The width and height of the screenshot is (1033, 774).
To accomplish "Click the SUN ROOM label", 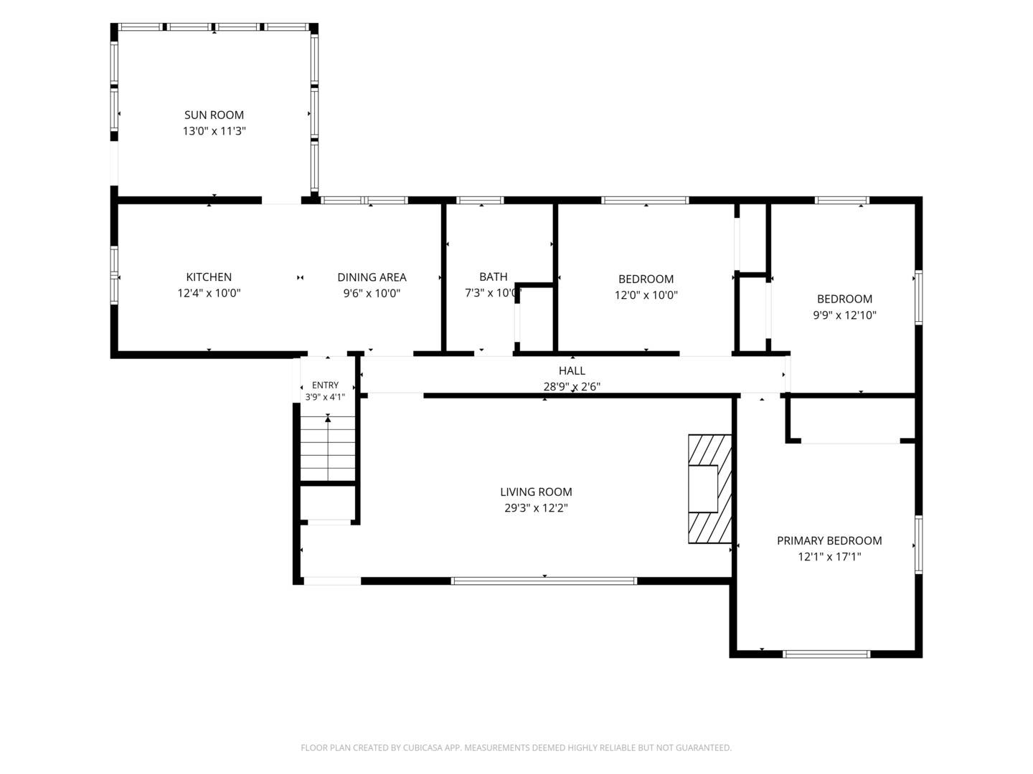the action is coord(214,115).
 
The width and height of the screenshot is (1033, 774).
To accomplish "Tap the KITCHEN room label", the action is coord(209,277).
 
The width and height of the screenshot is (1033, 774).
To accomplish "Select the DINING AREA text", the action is coord(372,277).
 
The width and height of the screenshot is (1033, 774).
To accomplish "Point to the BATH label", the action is coord(494,277).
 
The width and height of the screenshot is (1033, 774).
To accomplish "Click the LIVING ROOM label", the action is coord(536,492).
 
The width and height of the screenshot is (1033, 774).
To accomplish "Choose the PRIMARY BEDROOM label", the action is coord(829,540).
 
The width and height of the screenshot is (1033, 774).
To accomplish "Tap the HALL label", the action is coord(572,371).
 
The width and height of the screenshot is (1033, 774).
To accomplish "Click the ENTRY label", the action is coord(325,385).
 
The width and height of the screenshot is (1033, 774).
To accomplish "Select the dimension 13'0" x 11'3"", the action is coord(214,130).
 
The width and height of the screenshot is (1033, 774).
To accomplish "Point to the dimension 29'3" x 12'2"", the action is coord(536,507).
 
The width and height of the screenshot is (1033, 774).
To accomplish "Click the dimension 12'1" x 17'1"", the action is coord(829,556).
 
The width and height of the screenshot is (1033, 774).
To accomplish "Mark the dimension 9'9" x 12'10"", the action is coord(845,315).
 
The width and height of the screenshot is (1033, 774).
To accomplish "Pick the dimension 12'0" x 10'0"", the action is coord(646,295).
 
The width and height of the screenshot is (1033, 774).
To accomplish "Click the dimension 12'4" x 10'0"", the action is coord(209,293).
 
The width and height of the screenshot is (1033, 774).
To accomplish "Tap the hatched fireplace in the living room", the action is coord(709,489).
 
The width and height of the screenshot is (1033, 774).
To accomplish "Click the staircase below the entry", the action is coord(328,448).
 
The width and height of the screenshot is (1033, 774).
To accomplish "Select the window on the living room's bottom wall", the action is coord(544,580).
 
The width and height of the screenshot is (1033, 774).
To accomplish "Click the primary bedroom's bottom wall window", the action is coord(826,654).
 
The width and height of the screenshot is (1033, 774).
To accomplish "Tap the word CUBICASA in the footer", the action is coord(423,747).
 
